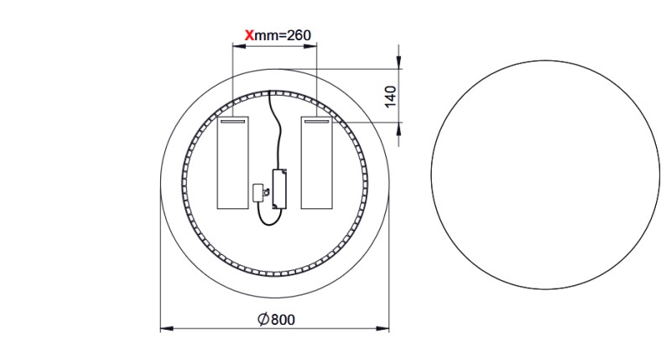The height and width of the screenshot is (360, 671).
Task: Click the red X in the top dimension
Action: pyautogui.click(x=248, y=35)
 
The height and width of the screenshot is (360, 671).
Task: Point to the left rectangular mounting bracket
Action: pyautogui.click(x=233, y=163)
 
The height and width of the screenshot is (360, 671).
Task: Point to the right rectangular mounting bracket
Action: pyautogui.click(x=317, y=163)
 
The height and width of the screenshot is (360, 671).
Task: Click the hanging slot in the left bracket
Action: pyautogui.click(x=233, y=122)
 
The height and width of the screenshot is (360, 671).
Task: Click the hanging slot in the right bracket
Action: pyautogui.click(x=317, y=122)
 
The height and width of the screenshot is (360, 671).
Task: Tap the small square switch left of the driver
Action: pyautogui.click(x=260, y=192)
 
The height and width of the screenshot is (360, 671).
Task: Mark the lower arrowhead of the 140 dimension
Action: pyautogui.click(x=399, y=127)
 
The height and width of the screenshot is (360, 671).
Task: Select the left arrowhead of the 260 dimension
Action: pyautogui.click(x=237, y=46)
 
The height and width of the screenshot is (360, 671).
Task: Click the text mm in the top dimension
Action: pyautogui.click(x=266, y=35)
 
